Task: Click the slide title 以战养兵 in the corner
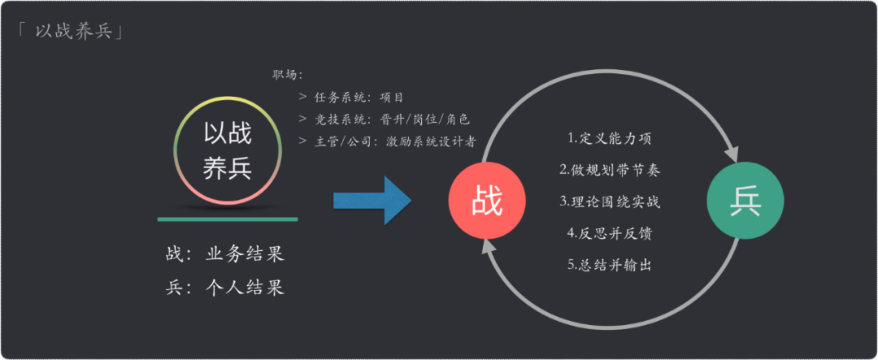point(71,33)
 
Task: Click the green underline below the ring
point(228,219)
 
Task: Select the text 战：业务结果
point(224,254)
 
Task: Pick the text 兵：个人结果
point(224,288)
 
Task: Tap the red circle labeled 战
point(487,200)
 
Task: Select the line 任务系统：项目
point(350,98)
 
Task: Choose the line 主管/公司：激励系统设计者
point(386,141)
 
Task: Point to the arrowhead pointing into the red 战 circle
point(487,248)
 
